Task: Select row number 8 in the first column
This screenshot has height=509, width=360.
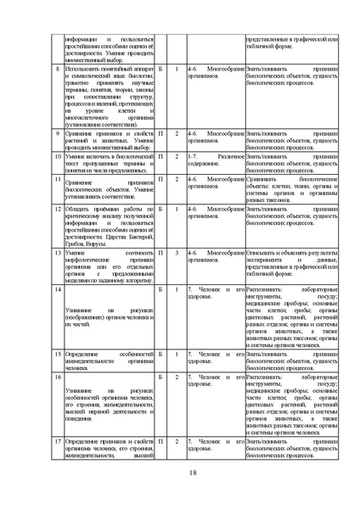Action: pyautogui.click(x=57, y=67)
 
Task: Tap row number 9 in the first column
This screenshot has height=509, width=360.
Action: pyautogui.click(x=57, y=133)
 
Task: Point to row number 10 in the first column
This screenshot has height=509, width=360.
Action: pyautogui.click(x=56, y=157)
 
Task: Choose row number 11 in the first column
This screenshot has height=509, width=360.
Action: pyautogui.click(x=56, y=180)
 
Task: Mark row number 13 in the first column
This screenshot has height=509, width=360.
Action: pyautogui.click(x=56, y=252)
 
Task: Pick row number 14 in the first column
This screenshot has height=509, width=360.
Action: pyautogui.click(x=56, y=290)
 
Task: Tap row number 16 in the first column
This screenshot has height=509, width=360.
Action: pyautogui.click(x=56, y=375)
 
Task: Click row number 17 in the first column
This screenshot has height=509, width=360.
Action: pyautogui.click(x=56, y=442)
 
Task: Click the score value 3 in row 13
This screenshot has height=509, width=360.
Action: pyautogui.click(x=177, y=252)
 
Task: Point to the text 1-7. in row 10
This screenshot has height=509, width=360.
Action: pyautogui.click(x=194, y=157)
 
